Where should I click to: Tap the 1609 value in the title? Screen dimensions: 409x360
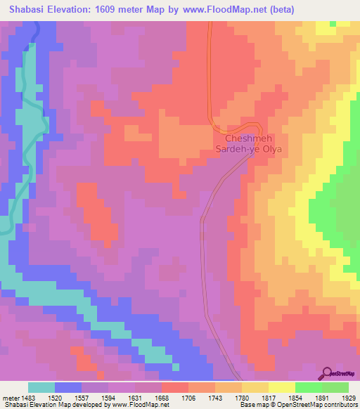point(102,9)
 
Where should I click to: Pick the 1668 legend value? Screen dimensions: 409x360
point(161,398)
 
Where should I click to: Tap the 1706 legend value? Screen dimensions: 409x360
point(188,398)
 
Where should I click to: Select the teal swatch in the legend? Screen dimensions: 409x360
point(41,387)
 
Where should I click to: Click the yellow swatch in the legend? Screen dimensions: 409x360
point(281,387)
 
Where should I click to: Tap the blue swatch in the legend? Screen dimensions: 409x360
point(68,387)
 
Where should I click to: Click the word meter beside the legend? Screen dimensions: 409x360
point(10,398)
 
